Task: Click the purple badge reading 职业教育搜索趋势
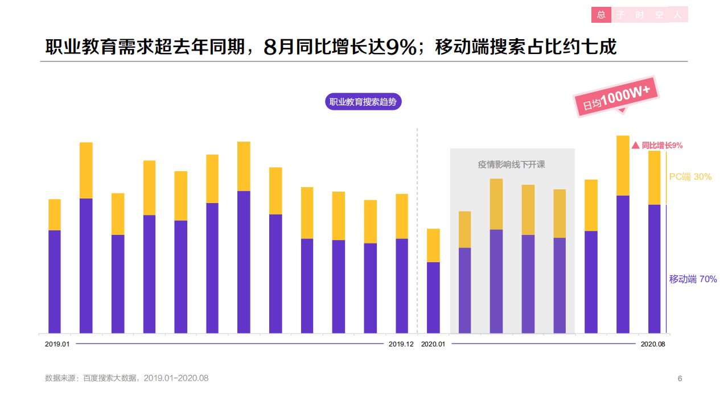click(x=363, y=102)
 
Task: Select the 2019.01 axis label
click(x=57, y=344)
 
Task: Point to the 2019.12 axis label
click(x=401, y=344)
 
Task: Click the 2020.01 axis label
click(x=433, y=344)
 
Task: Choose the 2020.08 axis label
click(x=653, y=344)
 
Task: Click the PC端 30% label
click(x=690, y=177)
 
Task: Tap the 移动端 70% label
click(x=693, y=279)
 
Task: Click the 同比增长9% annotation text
click(x=662, y=146)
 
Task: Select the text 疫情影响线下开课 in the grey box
click(x=511, y=164)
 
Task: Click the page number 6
click(x=680, y=379)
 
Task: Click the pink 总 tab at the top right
click(x=601, y=15)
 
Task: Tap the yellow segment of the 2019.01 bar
click(x=55, y=214)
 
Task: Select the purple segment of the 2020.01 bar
click(x=433, y=298)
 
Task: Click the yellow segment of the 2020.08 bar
click(x=654, y=177)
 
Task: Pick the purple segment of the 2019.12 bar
click(x=402, y=286)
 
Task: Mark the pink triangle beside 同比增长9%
click(x=636, y=146)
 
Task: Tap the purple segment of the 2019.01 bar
click(x=55, y=282)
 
